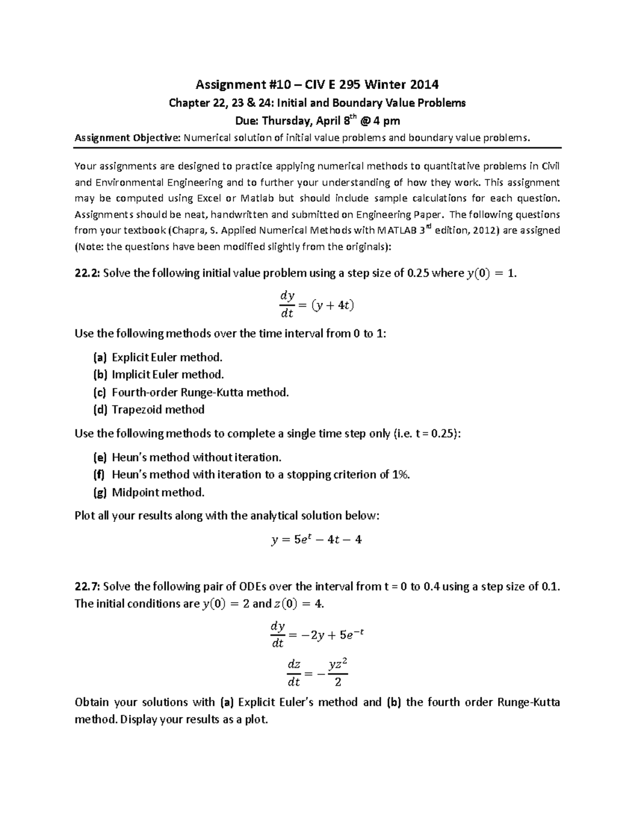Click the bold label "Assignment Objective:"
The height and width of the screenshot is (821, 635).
point(128,138)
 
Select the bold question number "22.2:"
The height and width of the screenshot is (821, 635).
point(87,273)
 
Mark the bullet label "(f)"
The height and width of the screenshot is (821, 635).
point(99,475)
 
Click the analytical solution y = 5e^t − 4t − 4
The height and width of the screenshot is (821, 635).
point(317,540)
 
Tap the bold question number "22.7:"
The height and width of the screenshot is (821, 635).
point(87,586)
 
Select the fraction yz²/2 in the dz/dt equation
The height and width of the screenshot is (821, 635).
point(338,673)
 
